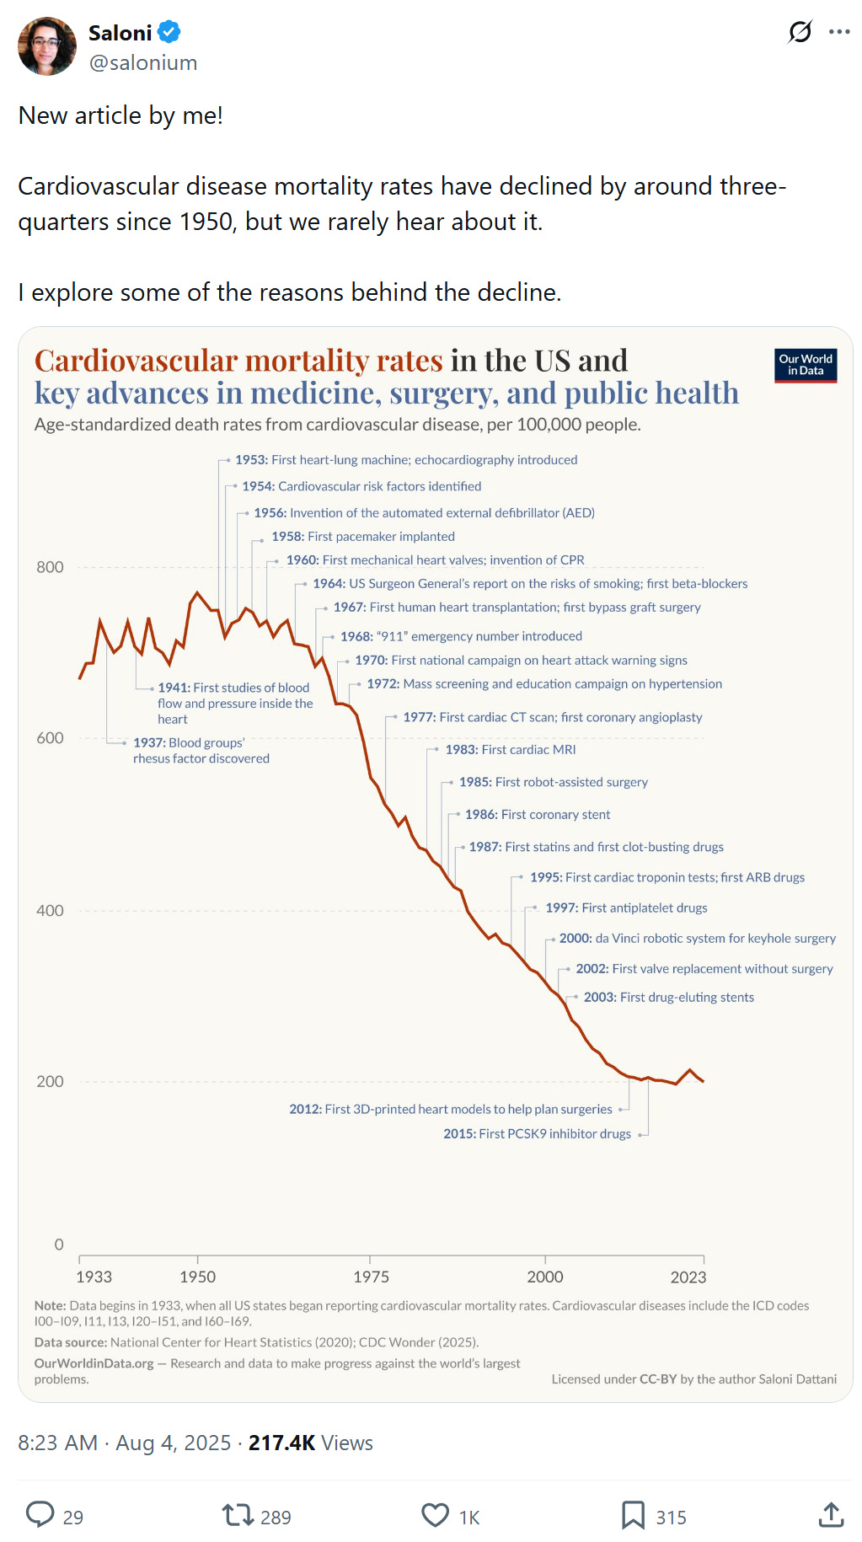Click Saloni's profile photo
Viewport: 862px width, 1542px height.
[47, 46]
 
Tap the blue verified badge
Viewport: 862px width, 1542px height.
[169, 33]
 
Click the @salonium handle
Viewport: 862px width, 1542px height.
[143, 63]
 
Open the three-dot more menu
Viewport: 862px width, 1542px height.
[839, 33]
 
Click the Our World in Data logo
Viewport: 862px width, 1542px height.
[806, 366]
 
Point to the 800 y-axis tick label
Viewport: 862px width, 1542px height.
[50, 567]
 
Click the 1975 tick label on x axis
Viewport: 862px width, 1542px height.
[371, 1277]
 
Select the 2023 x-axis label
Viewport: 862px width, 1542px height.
[688, 1277]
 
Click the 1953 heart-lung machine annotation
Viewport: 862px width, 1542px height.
[406, 460]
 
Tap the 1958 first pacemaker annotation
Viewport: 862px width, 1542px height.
[362, 537]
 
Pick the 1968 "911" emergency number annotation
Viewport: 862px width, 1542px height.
[461, 636]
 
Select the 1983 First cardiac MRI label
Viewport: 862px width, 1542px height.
[511, 750]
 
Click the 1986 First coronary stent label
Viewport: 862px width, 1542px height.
[538, 815]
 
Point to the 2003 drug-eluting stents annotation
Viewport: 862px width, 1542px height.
[668, 998]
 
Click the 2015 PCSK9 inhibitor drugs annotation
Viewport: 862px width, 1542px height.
[537, 1134]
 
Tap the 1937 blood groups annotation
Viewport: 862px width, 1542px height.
[201, 751]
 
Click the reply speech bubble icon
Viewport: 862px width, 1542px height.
[40, 1514]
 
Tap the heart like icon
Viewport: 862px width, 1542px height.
[435, 1515]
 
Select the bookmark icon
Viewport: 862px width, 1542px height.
[633, 1515]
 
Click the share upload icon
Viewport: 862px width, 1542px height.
[831, 1515]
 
